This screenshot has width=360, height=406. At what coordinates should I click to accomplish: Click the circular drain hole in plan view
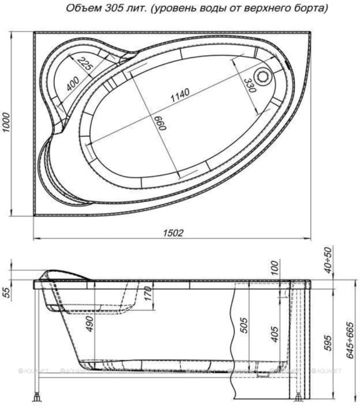(x=266, y=77)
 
